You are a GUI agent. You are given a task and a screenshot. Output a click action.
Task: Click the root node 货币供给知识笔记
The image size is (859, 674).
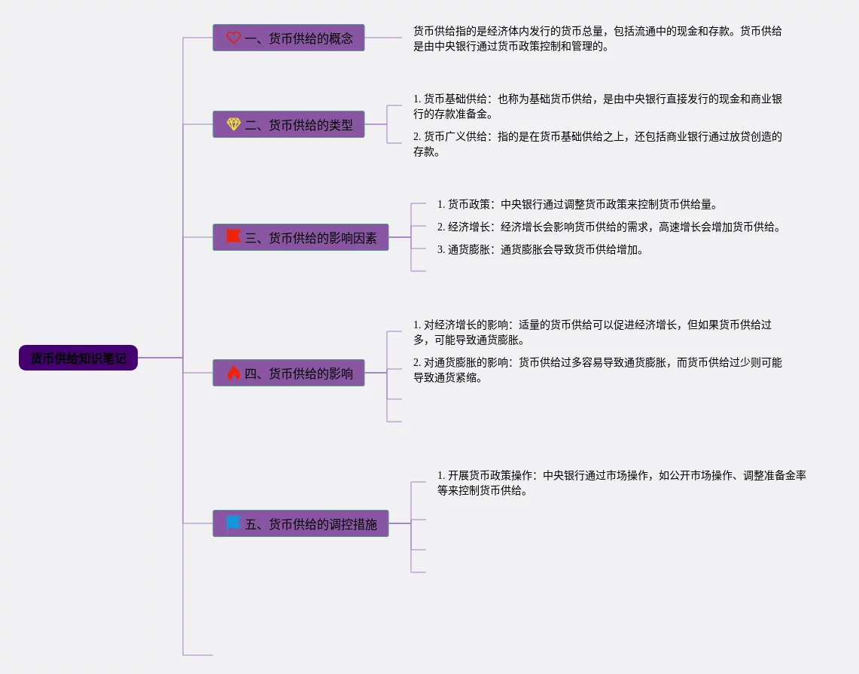pos(78,358)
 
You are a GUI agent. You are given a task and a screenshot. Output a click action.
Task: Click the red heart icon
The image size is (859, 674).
pos(233,38)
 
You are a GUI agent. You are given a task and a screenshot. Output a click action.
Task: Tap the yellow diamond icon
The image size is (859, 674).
pos(233,124)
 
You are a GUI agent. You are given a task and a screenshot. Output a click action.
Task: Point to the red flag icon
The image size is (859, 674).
pos(233,236)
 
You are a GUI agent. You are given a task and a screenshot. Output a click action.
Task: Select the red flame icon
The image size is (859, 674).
pos(233,372)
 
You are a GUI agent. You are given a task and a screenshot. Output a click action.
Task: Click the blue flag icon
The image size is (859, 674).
pos(233,523)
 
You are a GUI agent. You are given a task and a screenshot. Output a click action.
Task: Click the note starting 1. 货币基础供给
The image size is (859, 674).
pos(598,106)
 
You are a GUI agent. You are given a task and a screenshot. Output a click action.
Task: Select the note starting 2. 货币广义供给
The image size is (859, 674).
pos(598,144)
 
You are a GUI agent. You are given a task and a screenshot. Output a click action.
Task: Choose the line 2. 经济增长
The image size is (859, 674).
pos(608,227)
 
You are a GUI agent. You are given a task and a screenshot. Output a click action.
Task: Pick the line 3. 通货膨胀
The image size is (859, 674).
pos(540,249)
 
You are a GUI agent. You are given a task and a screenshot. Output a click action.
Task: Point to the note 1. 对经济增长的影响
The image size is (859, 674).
pos(592,332)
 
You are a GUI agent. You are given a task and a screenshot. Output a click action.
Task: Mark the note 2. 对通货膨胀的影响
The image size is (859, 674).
pos(598,370)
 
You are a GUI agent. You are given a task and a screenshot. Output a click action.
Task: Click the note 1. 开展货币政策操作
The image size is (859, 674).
pos(621,483)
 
